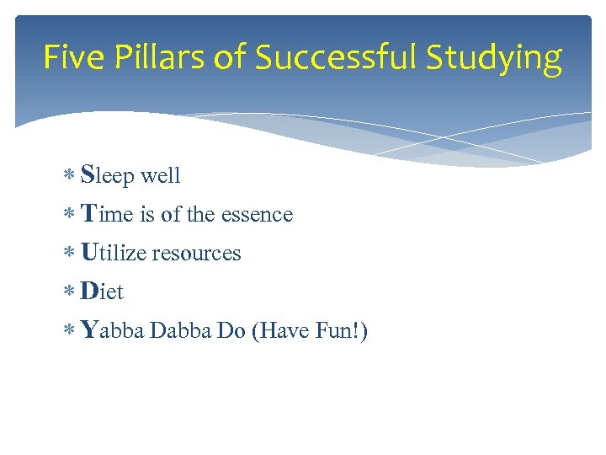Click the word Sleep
click(108, 176)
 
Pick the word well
click(161, 176)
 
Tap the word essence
click(257, 215)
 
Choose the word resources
click(196, 254)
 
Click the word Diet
click(102, 292)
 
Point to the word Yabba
click(113, 331)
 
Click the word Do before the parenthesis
click(231, 331)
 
